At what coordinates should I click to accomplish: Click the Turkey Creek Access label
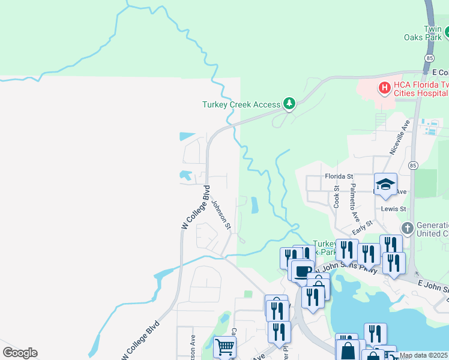pyautogui.click(x=241, y=104)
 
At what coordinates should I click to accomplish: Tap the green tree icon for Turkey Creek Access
pyautogui.click(x=289, y=104)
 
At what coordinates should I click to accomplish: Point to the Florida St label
pyautogui.click(x=339, y=176)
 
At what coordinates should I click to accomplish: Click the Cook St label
pyautogui.click(x=337, y=196)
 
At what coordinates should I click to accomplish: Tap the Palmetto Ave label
pyautogui.click(x=355, y=202)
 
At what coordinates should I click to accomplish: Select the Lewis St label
pyautogui.click(x=394, y=209)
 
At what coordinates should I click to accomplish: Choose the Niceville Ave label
pyautogui.click(x=399, y=137)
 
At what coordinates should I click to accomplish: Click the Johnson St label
pyautogui.click(x=221, y=215)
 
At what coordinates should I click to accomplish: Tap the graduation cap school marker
pyautogui.click(x=385, y=184)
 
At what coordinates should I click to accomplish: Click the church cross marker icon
pyautogui.click(x=407, y=228)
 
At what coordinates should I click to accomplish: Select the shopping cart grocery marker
pyautogui.click(x=224, y=346)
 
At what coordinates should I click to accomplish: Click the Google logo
pyautogui.click(x=20, y=353)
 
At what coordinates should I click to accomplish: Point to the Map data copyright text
pyautogui.click(x=423, y=356)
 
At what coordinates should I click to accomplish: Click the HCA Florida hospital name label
pyautogui.click(x=420, y=89)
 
